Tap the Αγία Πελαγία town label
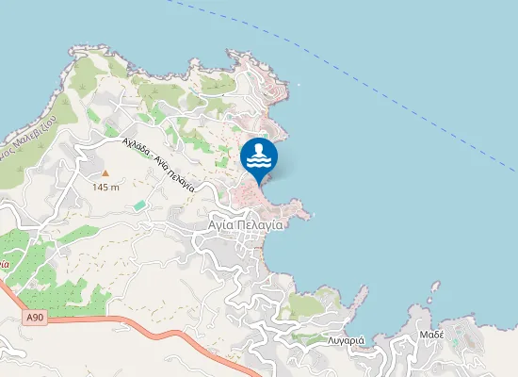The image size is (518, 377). click(247, 226)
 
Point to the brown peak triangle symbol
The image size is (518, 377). click(105, 173)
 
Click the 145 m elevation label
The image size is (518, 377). click(105, 188)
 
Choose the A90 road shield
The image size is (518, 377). click(35, 319)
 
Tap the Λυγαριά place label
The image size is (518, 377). click(346, 339)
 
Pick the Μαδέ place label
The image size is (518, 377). click(431, 335)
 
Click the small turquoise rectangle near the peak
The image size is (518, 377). click(139, 205)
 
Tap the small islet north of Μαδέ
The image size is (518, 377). click(434, 285)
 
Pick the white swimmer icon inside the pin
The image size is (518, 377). click(259, 150)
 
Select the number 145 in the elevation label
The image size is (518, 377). click(101, 188)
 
